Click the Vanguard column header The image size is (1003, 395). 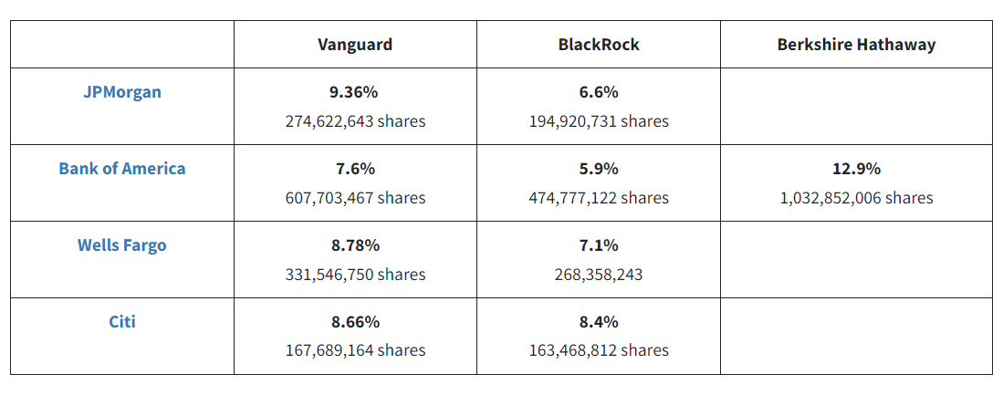click(355, 44)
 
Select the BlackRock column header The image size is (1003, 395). click(599, 44)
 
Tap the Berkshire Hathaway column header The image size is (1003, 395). click(856, 44)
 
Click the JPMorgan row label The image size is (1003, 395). click(121, 92)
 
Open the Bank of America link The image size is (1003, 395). click(121, 169)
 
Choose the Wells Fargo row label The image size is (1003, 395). click(121, 244)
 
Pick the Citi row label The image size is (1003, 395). click(121, 321)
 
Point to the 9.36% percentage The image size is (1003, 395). click(355, 92)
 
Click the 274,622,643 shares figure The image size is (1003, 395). click(355, 121)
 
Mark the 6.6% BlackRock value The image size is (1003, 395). click(599, 92)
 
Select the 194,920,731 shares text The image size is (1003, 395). click(599, 121)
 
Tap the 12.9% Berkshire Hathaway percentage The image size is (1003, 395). click(856, 169)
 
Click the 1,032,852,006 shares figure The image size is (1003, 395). click(856, 198)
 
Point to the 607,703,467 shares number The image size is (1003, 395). click(355, 198)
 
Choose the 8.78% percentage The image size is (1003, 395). click(355, 244)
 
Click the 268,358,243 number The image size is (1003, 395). click(599, 274)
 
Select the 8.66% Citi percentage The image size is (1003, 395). click(355, 321)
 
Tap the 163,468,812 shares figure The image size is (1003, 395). click(599, 350)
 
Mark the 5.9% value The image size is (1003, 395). click(599, 169)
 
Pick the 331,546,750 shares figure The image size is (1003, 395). click(355, 274)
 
